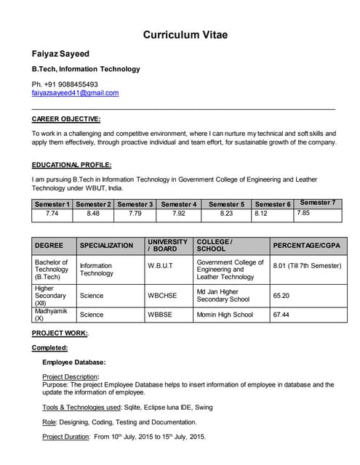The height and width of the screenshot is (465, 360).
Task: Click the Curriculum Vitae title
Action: tap(185, 34)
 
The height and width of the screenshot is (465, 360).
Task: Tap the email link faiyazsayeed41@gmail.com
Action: tap(75, 93)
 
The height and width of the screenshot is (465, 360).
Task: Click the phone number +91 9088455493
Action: tap(71, 84)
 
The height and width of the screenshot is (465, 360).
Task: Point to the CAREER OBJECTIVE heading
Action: tap(66, 118)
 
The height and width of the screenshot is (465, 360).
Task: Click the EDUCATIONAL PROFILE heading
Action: tap(71, 165)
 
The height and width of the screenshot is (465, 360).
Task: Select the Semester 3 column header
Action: tap(135, 204)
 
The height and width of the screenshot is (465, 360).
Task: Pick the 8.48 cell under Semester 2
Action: tap(93, 214)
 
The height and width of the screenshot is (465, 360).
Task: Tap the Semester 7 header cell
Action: tap(318, 203)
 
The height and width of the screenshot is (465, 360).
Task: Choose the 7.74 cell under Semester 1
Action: tap(52, 214)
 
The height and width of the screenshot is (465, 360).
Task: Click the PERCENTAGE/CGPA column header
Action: tap(306, 246)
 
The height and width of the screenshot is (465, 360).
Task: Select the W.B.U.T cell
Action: tap(160, 266)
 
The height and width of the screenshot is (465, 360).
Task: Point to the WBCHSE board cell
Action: tap(162, 296)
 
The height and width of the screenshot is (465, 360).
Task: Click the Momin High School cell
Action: tap(225, 315)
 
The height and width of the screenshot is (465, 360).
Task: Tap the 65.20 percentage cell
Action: tap(281, 296)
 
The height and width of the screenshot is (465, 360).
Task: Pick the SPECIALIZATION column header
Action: tap(106, 246)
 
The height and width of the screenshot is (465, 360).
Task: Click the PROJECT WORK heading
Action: tap(60, 333)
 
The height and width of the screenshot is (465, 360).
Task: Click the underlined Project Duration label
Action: tap(65, 437)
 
